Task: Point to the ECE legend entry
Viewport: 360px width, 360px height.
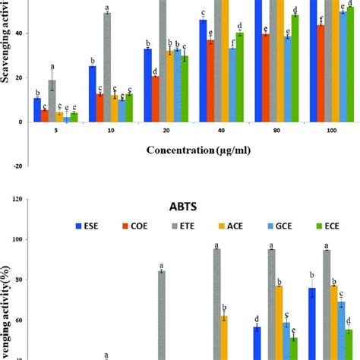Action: click(x=329, y=226)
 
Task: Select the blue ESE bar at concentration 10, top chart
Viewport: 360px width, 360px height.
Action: click(x=92, y=94)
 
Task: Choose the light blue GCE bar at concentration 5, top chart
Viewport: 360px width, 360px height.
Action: click(x=66, y=119)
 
